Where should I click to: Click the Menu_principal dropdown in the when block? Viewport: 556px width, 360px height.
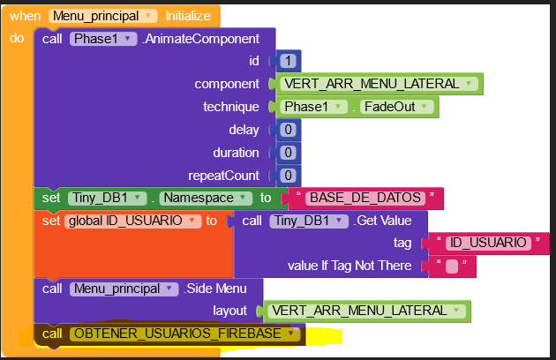click(104, 16)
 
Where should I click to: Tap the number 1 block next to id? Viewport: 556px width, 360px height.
click(289, 61)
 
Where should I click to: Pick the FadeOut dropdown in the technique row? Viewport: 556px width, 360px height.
click(399, 107)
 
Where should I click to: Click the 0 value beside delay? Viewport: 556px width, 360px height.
click(289, 130)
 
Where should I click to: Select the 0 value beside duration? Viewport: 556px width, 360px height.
click(289, 153)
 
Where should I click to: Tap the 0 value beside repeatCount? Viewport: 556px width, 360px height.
click(289, 176)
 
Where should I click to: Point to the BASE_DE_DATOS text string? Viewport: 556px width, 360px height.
click(365, 199)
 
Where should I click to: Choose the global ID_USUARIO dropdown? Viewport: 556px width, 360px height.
click(132, 221)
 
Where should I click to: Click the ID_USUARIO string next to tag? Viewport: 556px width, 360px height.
click(488, 243)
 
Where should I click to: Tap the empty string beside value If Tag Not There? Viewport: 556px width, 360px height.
click(452, 266)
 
